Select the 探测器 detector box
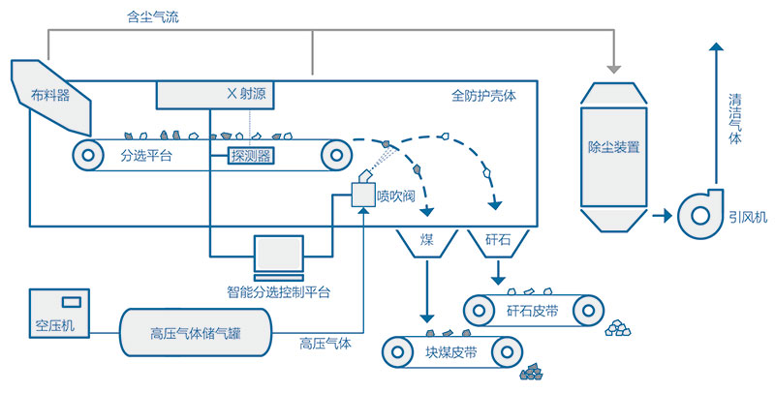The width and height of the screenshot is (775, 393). tap(250, 155)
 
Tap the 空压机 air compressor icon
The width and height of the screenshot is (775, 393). tap(59, 313)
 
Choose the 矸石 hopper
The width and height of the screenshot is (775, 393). tap(496, 245)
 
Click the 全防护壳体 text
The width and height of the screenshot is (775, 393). tap(484, 97)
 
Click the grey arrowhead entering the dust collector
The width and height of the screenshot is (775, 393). tap(613, 69)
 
